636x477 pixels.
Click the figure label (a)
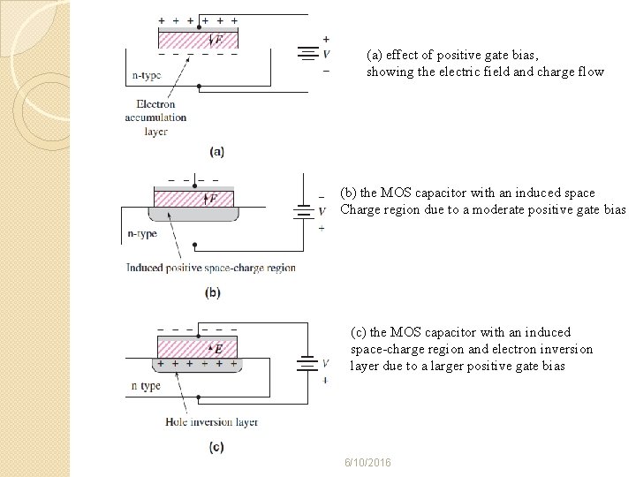[x=216, y=151]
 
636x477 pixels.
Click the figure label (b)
[x=213, y=292]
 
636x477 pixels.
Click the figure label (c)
[x=216, y=447]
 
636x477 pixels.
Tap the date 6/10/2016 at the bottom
[x=368, y=464]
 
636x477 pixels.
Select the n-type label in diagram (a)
[x=147, y=76]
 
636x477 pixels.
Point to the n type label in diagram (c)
[x=146, y=386]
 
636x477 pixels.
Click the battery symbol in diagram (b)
[x=303, y=211]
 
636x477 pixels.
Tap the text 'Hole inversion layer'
[x=211, y=422]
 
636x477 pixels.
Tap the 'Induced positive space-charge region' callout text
[x=210, y=267]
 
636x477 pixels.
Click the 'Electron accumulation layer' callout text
[x=155, y=117]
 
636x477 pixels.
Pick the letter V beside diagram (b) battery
[x=322, y=211]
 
